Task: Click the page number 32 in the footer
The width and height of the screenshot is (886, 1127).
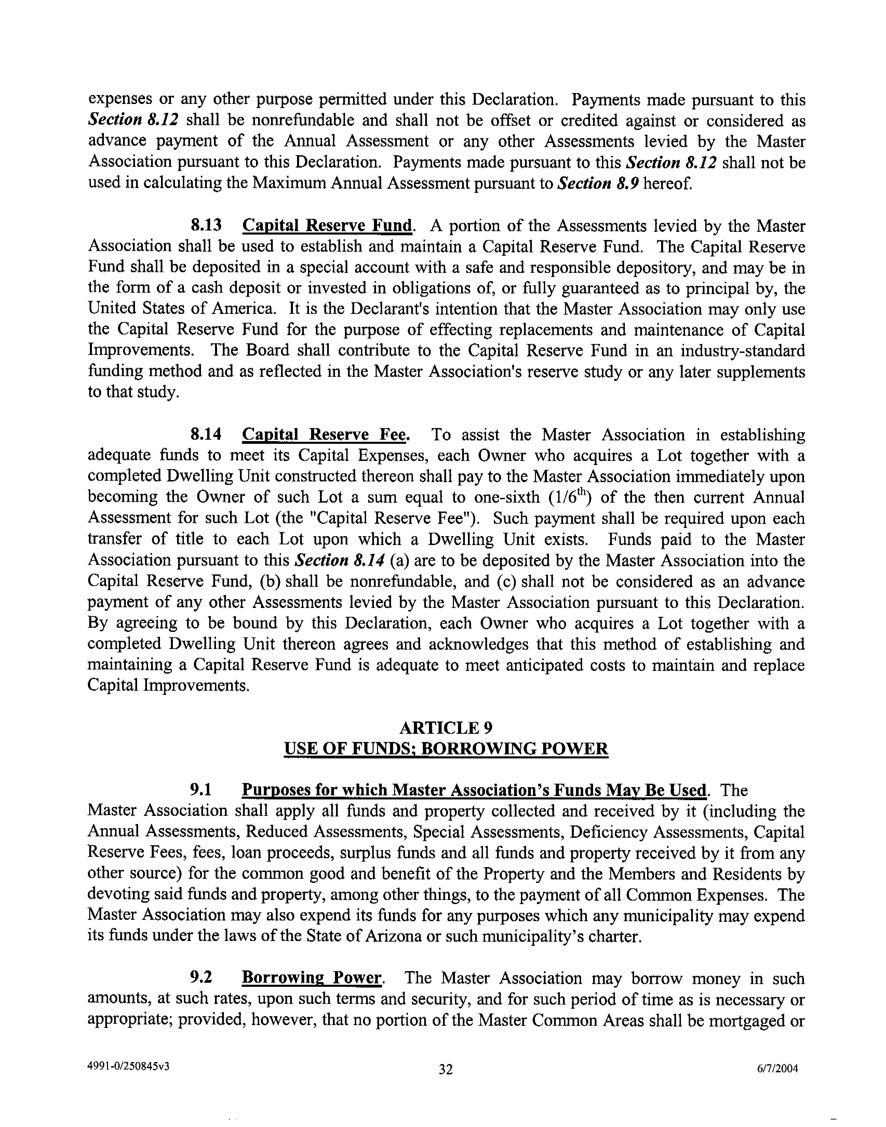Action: tap(446, 1069)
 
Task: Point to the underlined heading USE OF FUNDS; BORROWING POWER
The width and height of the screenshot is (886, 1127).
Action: tap(446, 749)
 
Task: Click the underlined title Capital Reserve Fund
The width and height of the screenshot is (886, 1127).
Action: tap(328, 225)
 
